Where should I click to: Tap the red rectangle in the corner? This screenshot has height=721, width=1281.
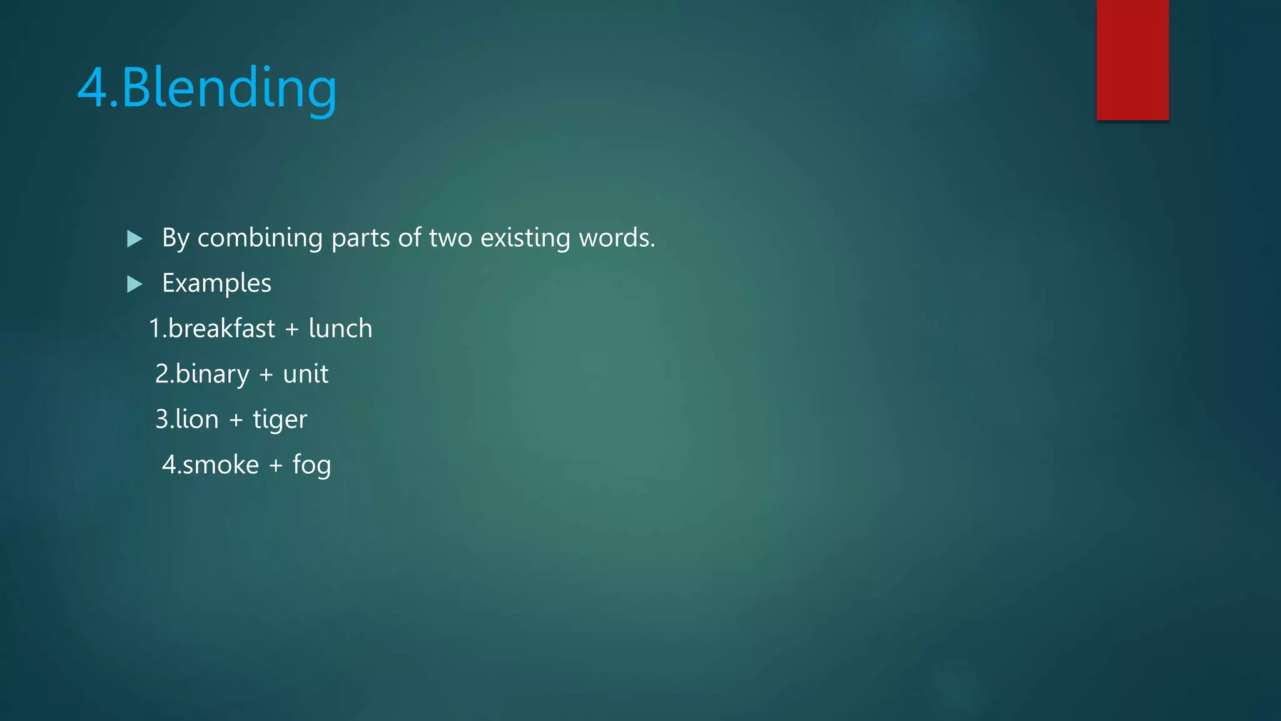(x=1132, y=59)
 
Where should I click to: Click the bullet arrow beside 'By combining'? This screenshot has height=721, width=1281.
(x=134, y=238)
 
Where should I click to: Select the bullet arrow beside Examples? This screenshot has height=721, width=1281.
(x=134, y=284)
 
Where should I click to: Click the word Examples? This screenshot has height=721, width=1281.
(x=216, y=284)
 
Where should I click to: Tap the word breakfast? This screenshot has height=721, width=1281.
(x=221, y=329)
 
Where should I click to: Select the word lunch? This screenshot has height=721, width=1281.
(x=340, y=329)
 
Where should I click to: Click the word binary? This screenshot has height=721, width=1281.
(x=212, y=374)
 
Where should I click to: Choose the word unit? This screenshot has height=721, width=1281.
(x=305, y=374)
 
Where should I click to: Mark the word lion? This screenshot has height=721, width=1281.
(x=196, y=419)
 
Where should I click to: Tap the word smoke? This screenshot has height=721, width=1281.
(x=220, y=465)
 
